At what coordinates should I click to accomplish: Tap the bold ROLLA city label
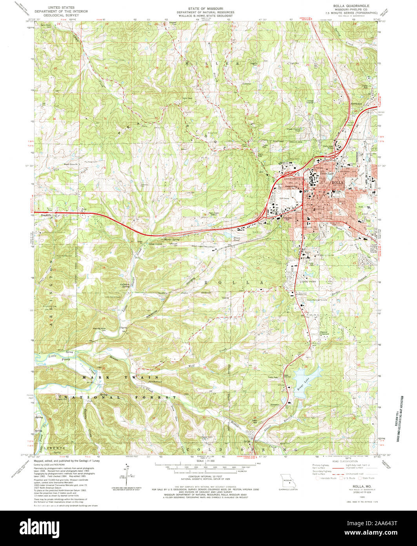337,183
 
